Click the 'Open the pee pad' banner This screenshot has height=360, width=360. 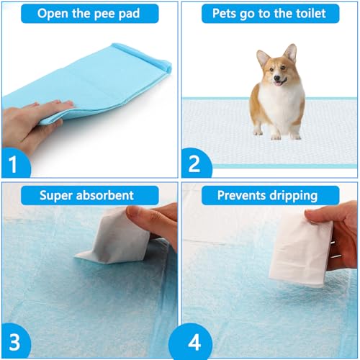pyautogui.click(x=89, y=14)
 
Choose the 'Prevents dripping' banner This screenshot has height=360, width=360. pyautogui.click(x=269, y=194)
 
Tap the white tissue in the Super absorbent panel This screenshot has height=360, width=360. pyautogui.click(x=108, y=241)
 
